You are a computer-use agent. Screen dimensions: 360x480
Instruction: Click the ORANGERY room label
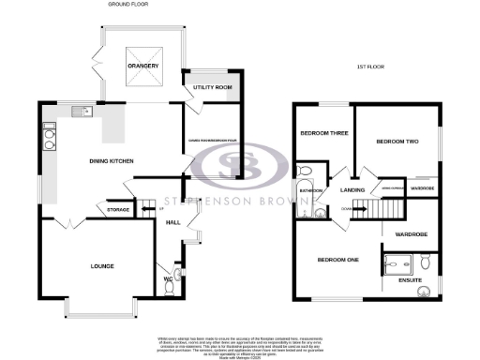pyautogui.click(x=142, y=66)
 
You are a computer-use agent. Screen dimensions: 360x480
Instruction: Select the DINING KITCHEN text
pyautogui.click(x=112, y=160)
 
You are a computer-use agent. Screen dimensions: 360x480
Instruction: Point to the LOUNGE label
pyautogui.click(x=103, y=266)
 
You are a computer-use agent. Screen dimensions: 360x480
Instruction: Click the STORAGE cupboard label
pyautogui.click(x=118, y=210)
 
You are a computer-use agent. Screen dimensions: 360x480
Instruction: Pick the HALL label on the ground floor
pyautogui.click(x=172, y=223)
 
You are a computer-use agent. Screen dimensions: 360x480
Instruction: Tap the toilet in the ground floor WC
pyautogui.click(x=170, y=289)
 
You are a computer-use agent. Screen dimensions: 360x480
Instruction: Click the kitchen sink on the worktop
pyautogui.click(x=85, y=113)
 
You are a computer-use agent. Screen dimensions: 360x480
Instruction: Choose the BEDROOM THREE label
pyautogui.click(x=323, y=133)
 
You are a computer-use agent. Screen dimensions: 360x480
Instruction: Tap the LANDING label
pyautogui.click(x=352, y=190)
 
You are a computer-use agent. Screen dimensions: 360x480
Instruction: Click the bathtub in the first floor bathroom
pyautogui.click(x=306, y=180)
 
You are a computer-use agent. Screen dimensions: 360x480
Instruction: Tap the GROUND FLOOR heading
pyautogui.click(x=129, y=5)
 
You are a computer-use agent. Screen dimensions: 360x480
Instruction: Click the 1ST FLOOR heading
pyautogui.click(x=373, y=67)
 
